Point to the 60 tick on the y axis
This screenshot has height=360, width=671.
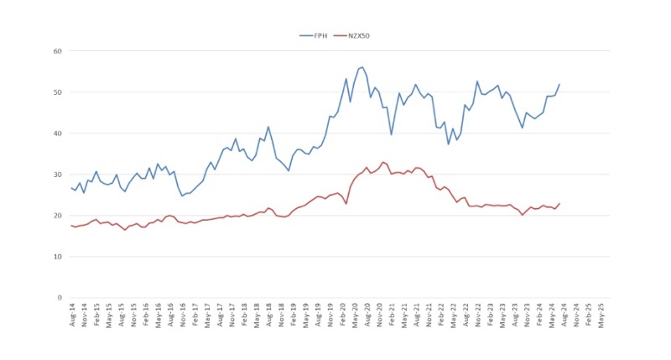pyautogui.click(x=58, y=51)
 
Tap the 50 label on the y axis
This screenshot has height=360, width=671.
pyautogui.click(x=58, y=92)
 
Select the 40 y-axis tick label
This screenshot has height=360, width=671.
pyautogui.click(x=58, y=133)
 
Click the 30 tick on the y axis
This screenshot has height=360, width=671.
pyautogui.click(x=58, y=175)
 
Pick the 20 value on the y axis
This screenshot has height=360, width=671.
pyautogui.click(x=58, y=216)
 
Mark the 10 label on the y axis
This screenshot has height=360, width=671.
pyautogui.click(x=58, y=257)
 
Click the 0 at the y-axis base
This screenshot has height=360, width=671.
pyautogui.click(x=60, y=298)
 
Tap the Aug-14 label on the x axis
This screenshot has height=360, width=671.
pyautogui.click(x=73, y=316)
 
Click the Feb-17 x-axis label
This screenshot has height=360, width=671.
pyautogui.click(x=195, y=316)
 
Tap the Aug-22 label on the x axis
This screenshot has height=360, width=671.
pyautogui.click(x=465, y=316)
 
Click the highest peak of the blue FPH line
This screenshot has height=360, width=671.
pyautogui.click(x=362, y=67)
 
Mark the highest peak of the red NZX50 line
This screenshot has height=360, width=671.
pyautogui.click(x=383, y=162)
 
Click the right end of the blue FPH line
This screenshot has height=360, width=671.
pyautogui.click(x=559, y=84)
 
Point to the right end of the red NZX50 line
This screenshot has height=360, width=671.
pyautogui.click(x=559, y=203)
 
